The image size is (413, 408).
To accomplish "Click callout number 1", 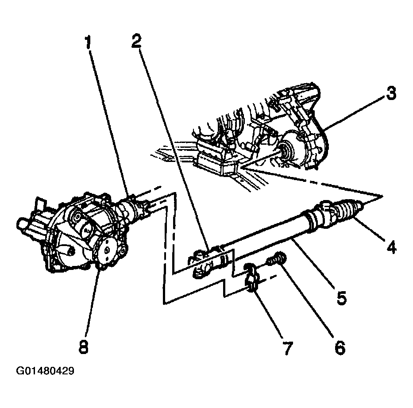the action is (x=88, y=42).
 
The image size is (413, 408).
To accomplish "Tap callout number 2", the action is (x=136, y=41).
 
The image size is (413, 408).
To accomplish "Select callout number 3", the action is (x=391, y=93).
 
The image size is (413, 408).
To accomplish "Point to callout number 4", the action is (x=391, y=247).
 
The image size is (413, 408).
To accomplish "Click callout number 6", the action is (x=340, y=347).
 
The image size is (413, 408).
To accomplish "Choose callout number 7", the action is (x=287, y=348).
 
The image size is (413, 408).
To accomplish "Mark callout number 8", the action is (x=84, y=347).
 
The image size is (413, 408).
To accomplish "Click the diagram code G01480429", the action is (x=45, y=371).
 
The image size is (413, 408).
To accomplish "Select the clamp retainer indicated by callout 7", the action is (x=251, y=278).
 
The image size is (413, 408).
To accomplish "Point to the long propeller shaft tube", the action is (x=266, y=234).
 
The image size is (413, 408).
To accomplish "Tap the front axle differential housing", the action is (x=77, y=234).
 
